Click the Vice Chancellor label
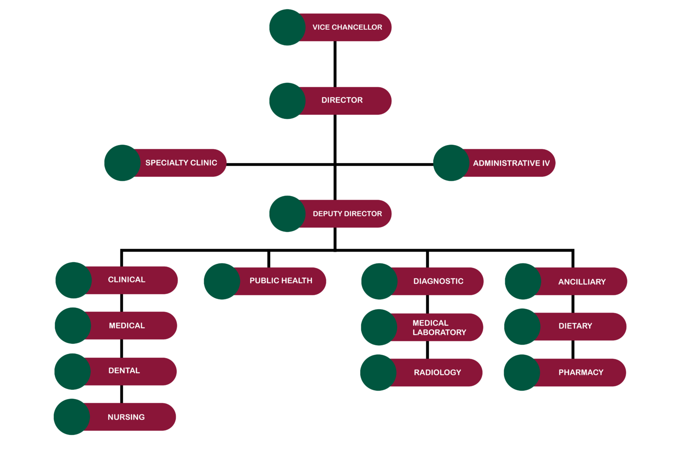click(x=347, y=27)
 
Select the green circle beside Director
click(x=287, y=101)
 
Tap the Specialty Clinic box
click(x=181, y=163)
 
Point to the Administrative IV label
click(x=511, y=163)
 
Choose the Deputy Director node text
click(x=347, y=214)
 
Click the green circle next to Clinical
click(x=74, y=280)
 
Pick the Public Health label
click(x=281, y=281)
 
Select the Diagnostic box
click(x=438, y=281)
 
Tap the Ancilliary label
click(x=582, y=282)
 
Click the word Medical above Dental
click(x=127, y=325)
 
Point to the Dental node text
click(x=124, y=371)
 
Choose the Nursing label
click(x=126, y=417)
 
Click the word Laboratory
click(x=439, y=332)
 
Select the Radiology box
click(x=437, y=372)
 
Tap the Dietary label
click(x=575, y=326)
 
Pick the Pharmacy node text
click(x=581, y=372)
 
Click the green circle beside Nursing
click(x=72, y=417)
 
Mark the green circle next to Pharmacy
click(x=522, y=372)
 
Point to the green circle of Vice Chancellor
click(x=287, y=27)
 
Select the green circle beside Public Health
click(x=222, y=281)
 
